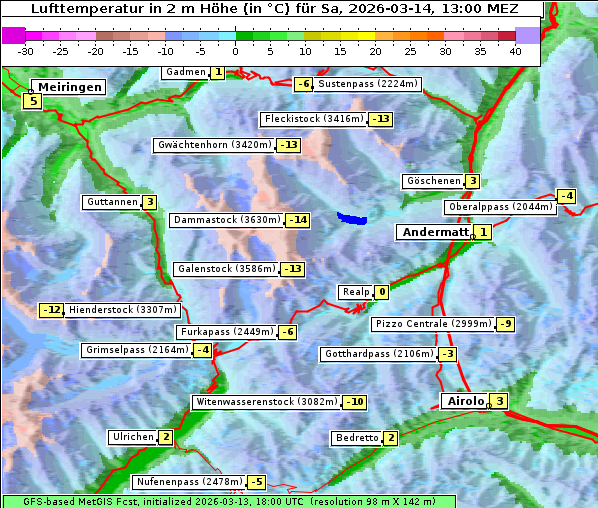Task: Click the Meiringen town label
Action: (67, 87)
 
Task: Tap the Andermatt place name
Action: (434, 232)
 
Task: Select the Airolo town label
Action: (465, 401)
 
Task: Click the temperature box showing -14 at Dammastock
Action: (297, 220)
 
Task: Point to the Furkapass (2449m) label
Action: (226, 332)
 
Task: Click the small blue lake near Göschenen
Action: (352, 217)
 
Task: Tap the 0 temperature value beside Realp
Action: (382, 292)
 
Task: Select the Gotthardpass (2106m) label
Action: (378, 354)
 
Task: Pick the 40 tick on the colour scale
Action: (515, 51)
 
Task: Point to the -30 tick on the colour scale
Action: (26, 51)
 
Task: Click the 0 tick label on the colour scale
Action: (236, 51)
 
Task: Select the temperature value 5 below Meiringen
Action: (33, 101)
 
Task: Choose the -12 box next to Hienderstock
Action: (51, 310)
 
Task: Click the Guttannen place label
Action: (111, 202)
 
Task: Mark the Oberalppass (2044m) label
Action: (499, 207)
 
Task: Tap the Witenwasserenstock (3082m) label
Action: (266, 402)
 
